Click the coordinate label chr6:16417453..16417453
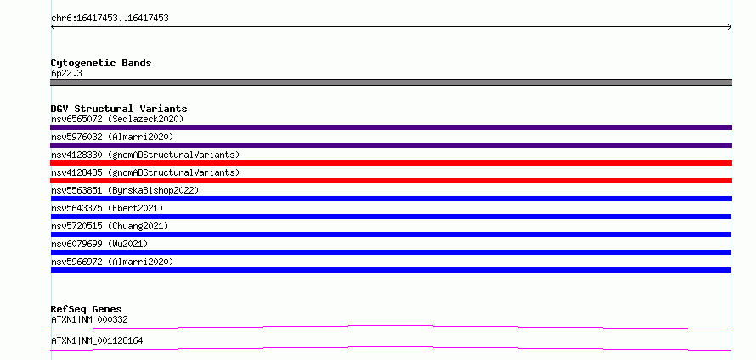[110, 19]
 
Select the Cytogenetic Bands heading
[101, 63]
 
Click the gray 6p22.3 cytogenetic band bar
[391, 82]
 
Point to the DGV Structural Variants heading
[119, 109]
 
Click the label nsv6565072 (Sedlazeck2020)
[117, 119]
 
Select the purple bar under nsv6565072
[391, 127]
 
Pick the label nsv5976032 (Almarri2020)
[112, 137]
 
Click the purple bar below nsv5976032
[391, 145]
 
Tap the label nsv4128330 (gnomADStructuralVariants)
[145, 155]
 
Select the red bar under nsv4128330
[391, 163]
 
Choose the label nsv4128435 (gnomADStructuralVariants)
[145, 172]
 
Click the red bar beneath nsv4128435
[391, 181]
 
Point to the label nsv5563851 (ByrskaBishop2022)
[125, 190]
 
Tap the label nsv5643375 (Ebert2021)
[107, 208]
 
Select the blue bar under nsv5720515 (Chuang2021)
[391, 234]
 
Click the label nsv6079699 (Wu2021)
[99, 244]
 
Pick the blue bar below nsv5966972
[391, 270]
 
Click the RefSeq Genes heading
[87, 309]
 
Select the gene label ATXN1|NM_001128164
[97, 341]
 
